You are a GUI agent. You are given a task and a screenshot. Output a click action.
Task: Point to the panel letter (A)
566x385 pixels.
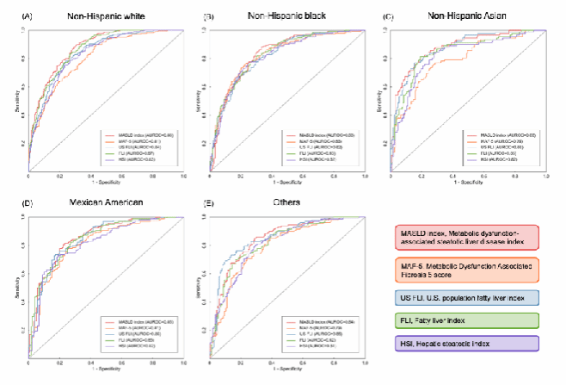[28, 16]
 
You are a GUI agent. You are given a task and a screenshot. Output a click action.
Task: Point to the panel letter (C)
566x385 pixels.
[388, 16]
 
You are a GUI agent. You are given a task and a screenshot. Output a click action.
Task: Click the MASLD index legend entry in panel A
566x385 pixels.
[138, 135]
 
